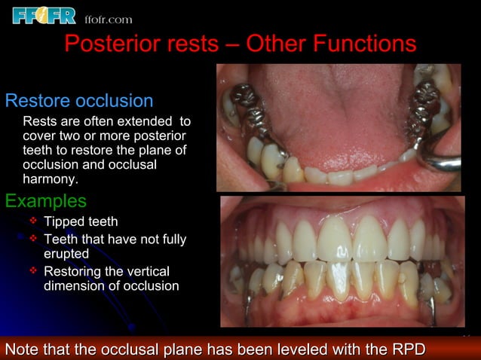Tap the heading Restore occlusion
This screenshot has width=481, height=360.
[x=79, y=101]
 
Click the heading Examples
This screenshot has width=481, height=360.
[x=45, y=201]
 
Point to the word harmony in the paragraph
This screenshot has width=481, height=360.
[x=50, y=180]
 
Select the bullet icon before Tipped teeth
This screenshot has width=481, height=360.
[x=33, y=221]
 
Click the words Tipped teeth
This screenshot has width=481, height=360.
[x=81, y=222]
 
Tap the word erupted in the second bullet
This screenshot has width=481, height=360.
[x=66, y=254]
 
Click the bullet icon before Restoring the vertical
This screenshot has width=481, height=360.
[x=33, y=270]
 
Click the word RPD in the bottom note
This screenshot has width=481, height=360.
[x=407, y=349]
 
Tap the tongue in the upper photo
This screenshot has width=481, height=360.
[x=332, y=113]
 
